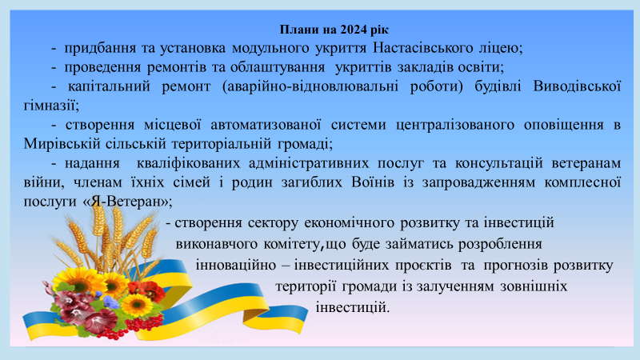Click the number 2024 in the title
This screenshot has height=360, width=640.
click(x=354, y=30)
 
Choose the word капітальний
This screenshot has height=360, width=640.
click(x=109, y=86)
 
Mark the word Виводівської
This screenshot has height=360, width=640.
click(x=577, y=86)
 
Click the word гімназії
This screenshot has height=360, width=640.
click(x=50, y=106)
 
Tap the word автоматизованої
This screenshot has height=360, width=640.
click(x=266, y=125)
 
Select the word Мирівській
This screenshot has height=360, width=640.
click(x=62, y=144)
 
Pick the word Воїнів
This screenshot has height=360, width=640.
click(x=373, y=182)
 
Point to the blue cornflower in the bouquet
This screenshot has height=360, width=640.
click(x=111, y=302)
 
